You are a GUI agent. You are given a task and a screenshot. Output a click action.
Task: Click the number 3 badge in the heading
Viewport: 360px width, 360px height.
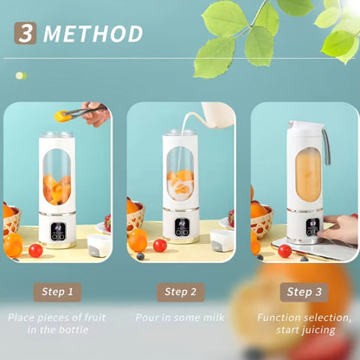point(25,33)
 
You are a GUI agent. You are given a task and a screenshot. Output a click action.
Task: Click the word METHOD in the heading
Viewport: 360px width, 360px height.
point(93,34)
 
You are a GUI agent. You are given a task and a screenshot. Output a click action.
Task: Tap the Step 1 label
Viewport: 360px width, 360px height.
point(57,292)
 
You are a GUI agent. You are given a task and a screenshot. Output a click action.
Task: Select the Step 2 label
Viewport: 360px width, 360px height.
point(181,292)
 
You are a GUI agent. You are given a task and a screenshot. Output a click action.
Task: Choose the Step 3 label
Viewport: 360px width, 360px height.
point(304,292)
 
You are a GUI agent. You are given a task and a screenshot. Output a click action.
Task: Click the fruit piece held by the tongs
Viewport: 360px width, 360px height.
point(61,116)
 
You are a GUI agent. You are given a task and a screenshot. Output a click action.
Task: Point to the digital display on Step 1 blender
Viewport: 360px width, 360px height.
point(58,232)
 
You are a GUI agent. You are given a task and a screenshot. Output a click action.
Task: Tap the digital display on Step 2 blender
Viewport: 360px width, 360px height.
point(182,228)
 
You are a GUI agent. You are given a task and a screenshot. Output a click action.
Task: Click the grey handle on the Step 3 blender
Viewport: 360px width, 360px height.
point(326,146)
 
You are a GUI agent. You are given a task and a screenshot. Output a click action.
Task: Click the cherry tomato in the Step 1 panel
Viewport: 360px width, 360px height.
point(35,250)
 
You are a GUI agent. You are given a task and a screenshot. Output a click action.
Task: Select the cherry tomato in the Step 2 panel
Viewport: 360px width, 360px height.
point(160,245)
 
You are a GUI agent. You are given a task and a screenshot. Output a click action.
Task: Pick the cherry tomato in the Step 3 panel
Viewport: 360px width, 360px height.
point(285,251)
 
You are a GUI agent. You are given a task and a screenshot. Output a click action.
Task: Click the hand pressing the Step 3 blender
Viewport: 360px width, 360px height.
point(339,228)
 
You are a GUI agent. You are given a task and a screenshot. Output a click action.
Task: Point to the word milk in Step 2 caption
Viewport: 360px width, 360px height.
point(214,318)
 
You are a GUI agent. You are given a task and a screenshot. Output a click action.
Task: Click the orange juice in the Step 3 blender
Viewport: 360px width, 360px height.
point(308,175)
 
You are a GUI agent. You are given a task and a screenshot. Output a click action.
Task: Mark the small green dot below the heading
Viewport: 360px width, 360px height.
point(21,76)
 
